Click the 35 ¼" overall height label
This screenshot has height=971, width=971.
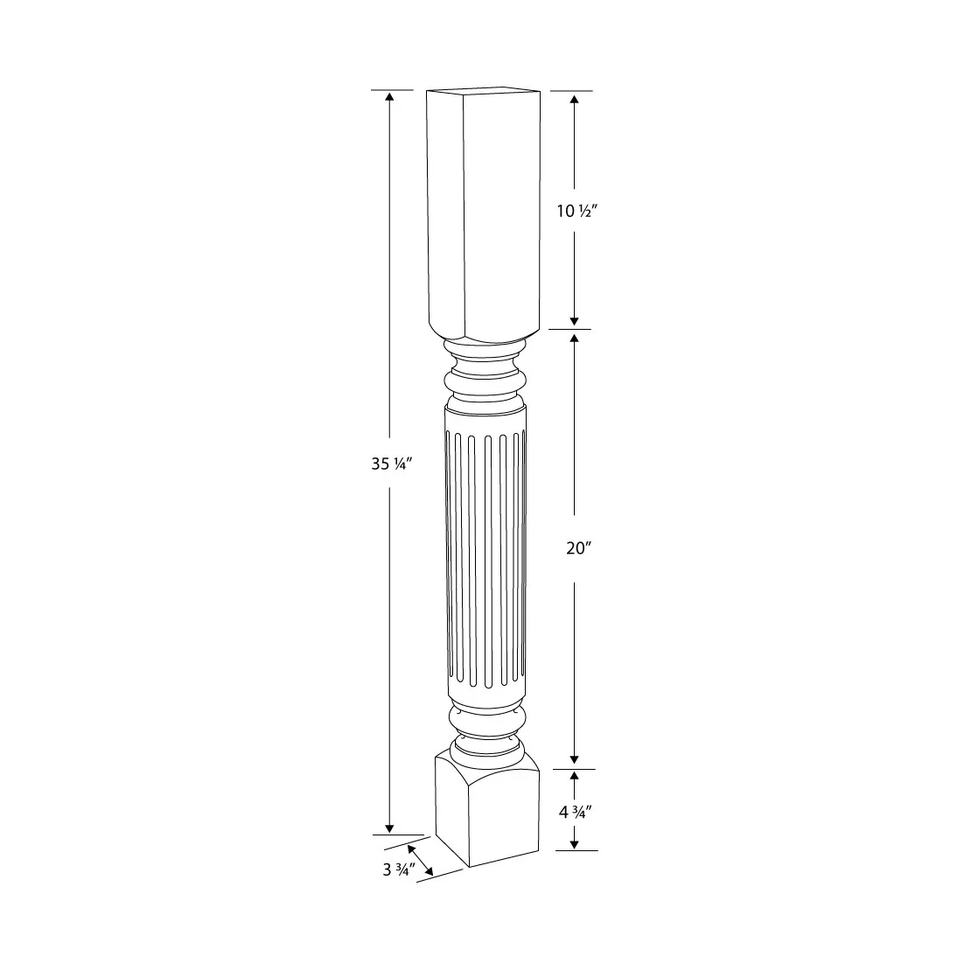coord(390,465)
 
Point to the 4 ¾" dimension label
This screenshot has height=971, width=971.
coord(576,811)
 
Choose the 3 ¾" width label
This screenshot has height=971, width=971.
coord(397,869)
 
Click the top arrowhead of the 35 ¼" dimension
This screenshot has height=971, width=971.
coord(389,96)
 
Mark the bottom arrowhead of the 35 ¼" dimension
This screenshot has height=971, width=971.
coord(389,828)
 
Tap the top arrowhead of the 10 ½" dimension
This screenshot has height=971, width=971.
coord(574,99)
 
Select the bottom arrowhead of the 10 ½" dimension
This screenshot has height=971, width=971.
coord(574,320)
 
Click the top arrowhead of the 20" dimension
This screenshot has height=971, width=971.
coord(574,338)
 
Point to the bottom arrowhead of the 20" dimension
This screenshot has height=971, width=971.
coord(574,760)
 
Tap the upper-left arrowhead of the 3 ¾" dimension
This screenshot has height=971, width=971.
coord(410,849)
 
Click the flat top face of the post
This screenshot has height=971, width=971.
coord(483,90)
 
